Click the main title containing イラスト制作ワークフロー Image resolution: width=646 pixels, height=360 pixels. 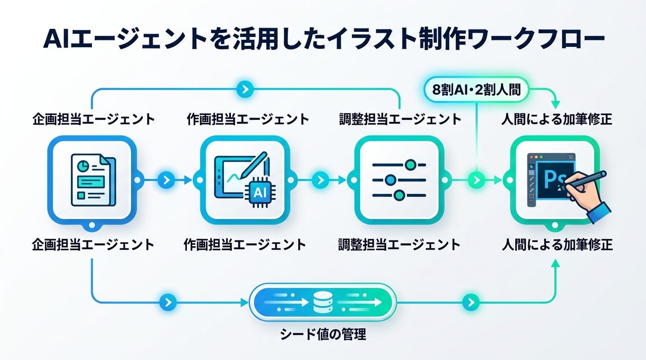(x=323, y=41)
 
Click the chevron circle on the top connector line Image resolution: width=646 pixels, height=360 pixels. (x=245, y=89)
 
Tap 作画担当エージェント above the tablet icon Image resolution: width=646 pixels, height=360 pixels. (x=248, y=118)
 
